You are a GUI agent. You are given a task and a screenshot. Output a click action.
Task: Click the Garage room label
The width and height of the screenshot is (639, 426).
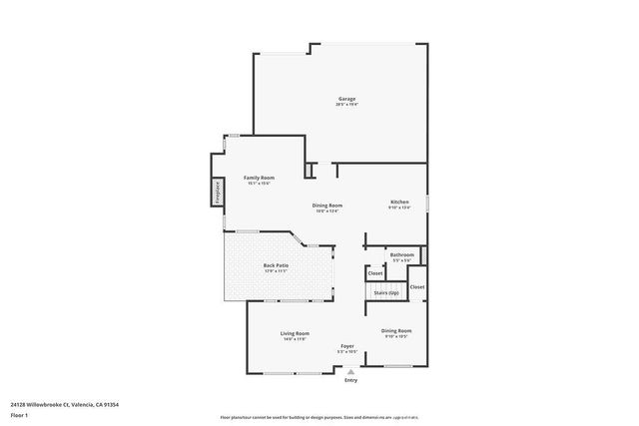coord(346,99)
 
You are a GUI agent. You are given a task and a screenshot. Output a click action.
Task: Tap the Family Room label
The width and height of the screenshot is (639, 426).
coord(260,178)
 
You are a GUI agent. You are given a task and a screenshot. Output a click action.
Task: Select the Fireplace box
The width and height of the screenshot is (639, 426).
coord(217,192)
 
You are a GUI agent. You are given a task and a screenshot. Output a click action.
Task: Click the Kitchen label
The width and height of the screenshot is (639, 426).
coord(399,203)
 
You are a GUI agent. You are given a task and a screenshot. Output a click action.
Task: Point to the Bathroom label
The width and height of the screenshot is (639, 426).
coord(401,254)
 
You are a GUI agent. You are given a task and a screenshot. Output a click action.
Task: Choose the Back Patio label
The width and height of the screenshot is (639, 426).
coord(276,265)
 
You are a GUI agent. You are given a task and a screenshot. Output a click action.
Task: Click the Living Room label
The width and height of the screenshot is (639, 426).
coord(294,333)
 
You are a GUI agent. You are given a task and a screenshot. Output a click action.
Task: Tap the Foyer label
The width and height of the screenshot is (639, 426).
coord(346,346)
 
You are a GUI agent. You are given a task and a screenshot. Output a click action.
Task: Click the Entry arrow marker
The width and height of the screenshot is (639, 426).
coord(350,371)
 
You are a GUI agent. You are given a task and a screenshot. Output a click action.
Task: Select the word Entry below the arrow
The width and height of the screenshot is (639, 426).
coord(350,380)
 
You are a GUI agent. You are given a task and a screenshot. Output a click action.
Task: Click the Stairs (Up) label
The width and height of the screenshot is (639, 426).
coord(386,292)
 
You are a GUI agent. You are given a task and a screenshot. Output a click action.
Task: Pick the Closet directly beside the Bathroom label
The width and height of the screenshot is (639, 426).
coord(375,272)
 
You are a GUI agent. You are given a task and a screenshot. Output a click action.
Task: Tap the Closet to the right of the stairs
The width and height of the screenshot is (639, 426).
coord(416,287)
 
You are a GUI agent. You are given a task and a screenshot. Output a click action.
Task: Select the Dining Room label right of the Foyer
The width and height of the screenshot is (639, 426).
coord(396,330)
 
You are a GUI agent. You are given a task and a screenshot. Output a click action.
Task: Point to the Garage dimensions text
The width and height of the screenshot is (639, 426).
coord(346,105)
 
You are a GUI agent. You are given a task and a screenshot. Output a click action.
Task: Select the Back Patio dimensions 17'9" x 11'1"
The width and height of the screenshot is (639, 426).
coord(276,271)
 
